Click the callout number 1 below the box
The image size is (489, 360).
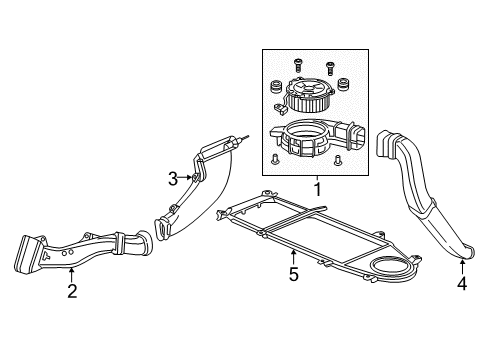point(316,187)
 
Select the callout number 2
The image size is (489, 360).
point(72,291)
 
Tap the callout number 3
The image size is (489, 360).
point(172,179)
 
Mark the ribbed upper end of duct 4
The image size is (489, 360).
point(387,143)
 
